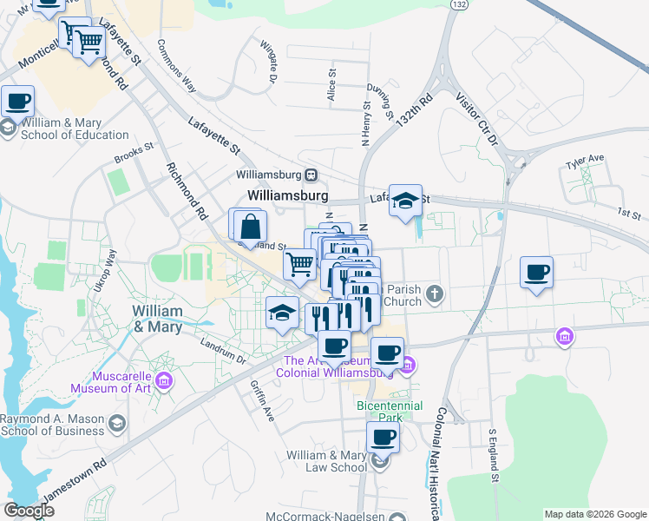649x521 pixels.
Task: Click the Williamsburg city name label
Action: (x=287, y=196)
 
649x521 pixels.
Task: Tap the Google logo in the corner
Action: (x=29, y=511)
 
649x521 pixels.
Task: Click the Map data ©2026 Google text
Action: (x=594, y=514)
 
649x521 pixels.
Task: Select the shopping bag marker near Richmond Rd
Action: (x=250, y=227)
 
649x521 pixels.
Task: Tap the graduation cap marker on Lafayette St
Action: (x=405, y=201)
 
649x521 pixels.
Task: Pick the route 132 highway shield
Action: (x=460, y=5)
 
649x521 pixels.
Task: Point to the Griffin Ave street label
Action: (x=262, y=400)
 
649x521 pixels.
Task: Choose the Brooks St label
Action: (x=134, y=159)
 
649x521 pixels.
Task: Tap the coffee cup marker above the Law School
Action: (x=382, y=438)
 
